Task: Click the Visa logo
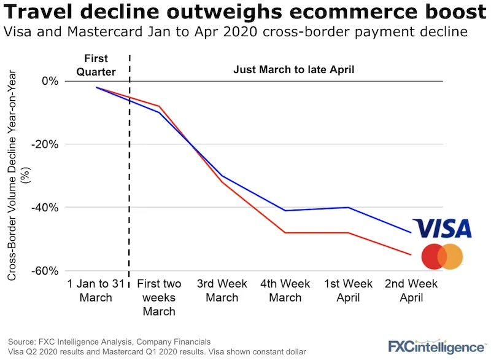(x=442, y=228)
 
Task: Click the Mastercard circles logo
(x=442, y=257)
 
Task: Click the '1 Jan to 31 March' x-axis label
(x=96, y=291)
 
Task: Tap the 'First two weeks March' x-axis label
(x=159, y=297)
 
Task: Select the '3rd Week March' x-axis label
(x=222, y=291)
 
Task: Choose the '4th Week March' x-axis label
(x=285, y=291)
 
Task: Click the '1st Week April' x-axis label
(x=348, y=291)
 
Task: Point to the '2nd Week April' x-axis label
(x=411, y=291)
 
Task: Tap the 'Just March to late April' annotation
(x=294, y=70)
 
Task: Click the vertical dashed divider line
(x=129, y=184)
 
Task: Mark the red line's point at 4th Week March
(x=285, y=233)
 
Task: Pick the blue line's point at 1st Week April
(x=348, y=208)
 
